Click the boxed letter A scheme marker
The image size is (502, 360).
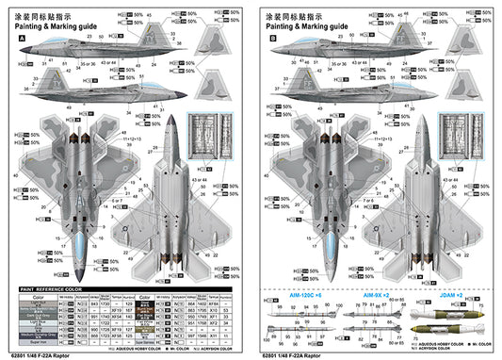[20, 40]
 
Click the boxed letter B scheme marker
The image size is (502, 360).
[272, 40]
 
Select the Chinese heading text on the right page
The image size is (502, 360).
[295, 15]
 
